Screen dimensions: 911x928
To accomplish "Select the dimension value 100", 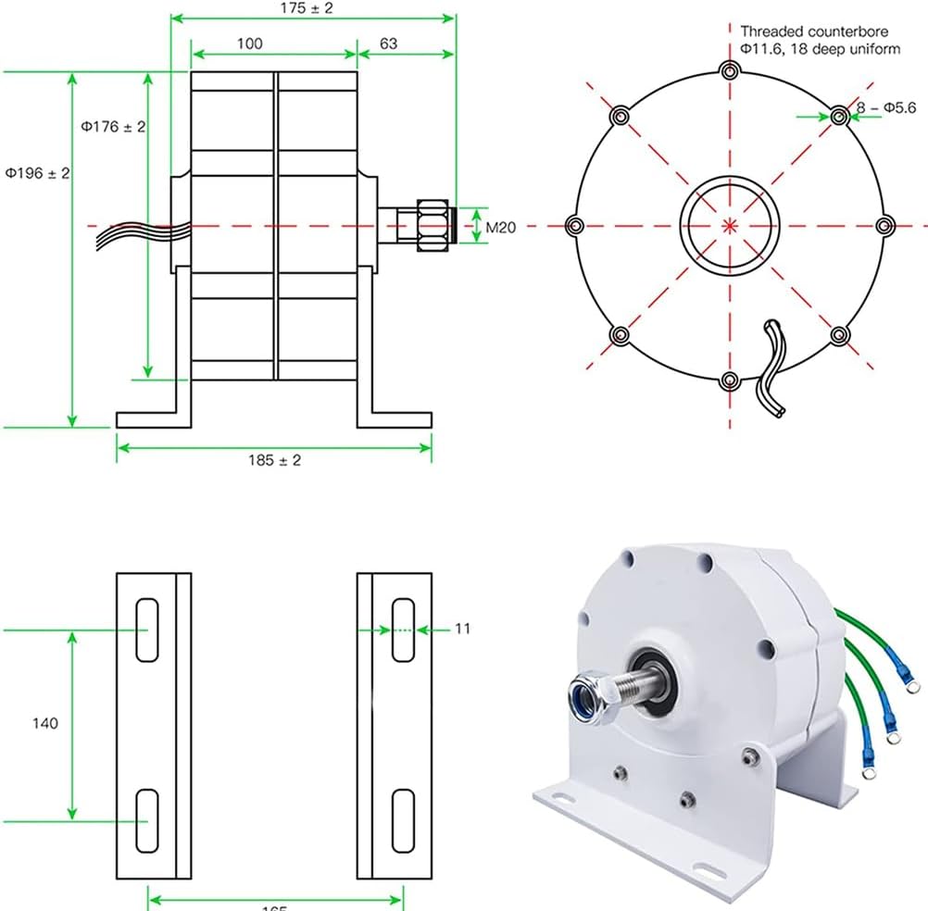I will click(x=249, y=44).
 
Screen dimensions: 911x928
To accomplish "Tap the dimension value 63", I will click(x=389, y=44).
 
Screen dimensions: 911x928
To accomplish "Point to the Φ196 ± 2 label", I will click(x=37, y=173).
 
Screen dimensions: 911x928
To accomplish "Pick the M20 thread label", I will click(x=500, y=226).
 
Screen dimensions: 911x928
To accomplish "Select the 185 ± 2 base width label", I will click(x=275, y=460).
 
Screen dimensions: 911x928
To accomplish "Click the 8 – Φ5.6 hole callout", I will click(x=886, y=108).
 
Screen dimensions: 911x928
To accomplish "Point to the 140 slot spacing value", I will click(x=44, y=723).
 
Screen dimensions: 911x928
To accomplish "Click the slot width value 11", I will click(x=463, y=629).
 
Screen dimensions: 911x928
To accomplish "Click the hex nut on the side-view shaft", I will click(x=431, y=225).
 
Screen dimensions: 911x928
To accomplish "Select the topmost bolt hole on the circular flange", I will click(x=731, y=71).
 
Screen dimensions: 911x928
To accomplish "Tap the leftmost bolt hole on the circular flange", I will click(x=574, y=225).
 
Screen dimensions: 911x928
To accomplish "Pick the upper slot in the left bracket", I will click(x=147, y=630).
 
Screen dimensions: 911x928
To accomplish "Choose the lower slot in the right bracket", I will click(x=402, y=820).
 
